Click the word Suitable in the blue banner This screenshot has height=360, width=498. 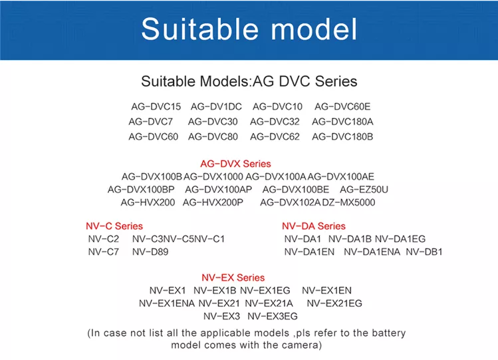coord(199,29)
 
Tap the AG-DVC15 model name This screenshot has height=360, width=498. coord(156,106)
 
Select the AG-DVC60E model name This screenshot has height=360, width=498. coord(342,106)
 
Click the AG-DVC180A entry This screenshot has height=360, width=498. coord(342,122)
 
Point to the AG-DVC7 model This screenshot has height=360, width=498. coord(150,122)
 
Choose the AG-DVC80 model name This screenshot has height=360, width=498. coord(213,136)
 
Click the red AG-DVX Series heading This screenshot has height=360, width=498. coord(235,164)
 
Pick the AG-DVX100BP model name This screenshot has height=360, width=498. coord(141,190)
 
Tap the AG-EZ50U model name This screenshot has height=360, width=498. coord(364,190)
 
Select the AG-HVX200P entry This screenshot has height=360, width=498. coord(213,202)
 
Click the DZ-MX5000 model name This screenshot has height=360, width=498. coord(348,202)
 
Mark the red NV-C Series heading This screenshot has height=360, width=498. coord(114,226)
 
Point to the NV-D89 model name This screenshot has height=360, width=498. coord(150,252)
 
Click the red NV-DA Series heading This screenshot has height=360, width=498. coord(314,226)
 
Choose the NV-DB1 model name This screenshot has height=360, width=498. coord(424,252)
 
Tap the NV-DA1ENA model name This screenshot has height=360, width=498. coord(372,252)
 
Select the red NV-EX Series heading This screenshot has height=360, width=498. coord(233,277)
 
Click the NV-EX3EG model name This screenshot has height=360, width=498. coord(273,316)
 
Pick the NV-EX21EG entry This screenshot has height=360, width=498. coord(334,303)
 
